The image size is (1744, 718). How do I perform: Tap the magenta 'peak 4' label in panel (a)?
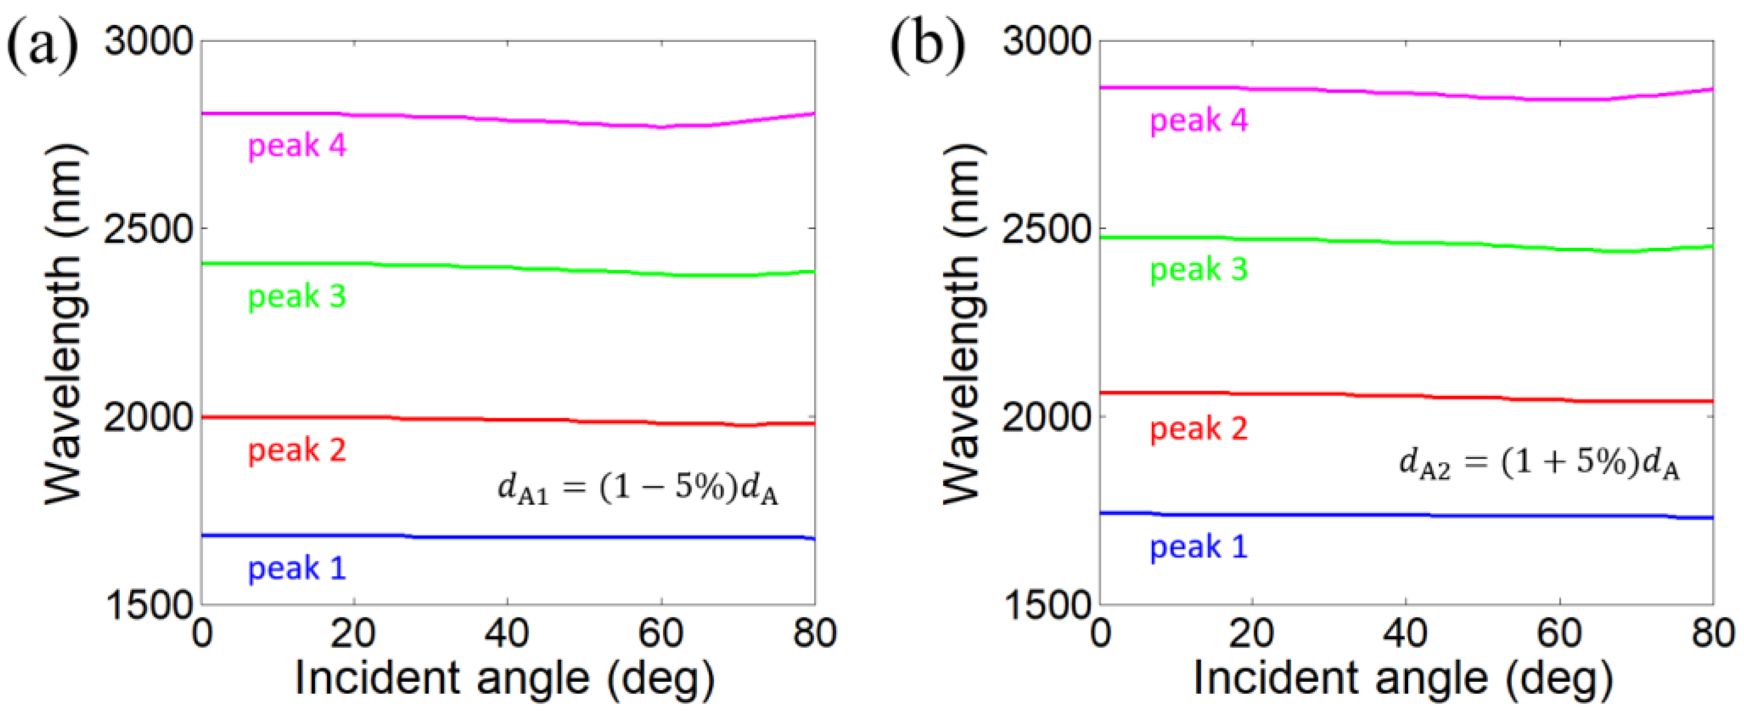(297, 145)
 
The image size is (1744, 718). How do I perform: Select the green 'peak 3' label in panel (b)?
(1198, 269)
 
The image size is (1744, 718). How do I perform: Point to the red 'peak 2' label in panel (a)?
(297, 450)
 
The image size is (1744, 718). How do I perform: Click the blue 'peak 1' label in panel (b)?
(1198, 547)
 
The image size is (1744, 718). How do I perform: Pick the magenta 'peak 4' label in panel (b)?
(1198, 121)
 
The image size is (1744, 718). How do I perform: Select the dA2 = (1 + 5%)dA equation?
(1539, 465)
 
